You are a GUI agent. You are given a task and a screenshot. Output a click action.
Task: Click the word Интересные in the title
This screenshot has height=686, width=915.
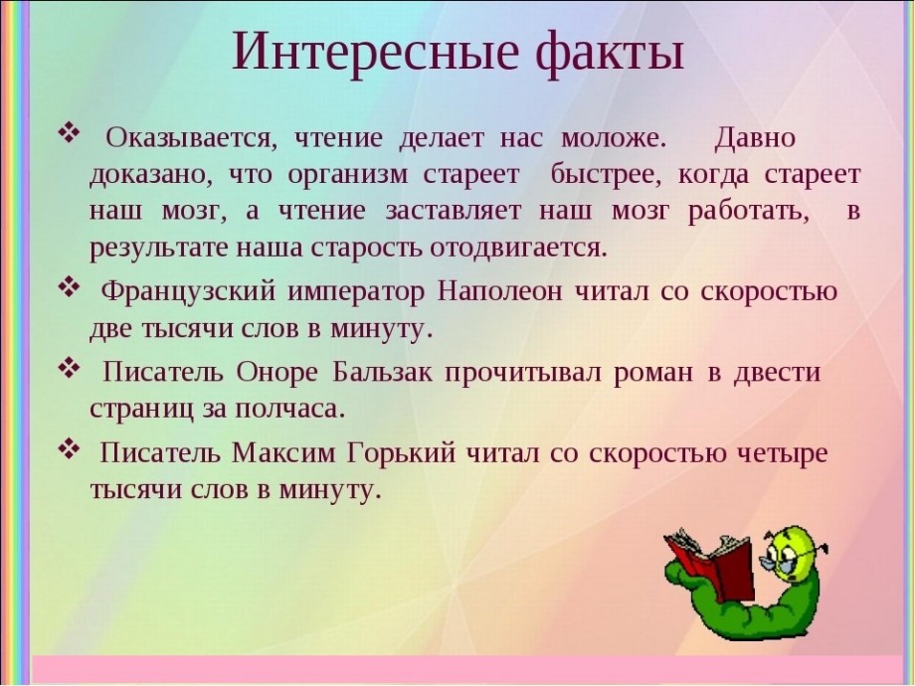(x=375, y=51)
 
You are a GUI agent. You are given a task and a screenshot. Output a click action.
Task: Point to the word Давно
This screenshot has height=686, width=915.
(x=755, y=139)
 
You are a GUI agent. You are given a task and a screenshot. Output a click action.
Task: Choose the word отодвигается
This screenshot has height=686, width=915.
(x=519, y=249)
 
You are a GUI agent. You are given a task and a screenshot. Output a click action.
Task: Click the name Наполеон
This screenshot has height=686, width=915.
(x=500, y=291)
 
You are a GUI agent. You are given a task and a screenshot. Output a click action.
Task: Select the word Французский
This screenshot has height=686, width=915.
(x=188, y=291)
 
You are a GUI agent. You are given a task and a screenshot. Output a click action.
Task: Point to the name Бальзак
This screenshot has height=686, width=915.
(x=383, y=372)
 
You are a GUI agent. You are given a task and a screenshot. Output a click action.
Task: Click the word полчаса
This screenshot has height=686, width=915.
(x=287, y=410)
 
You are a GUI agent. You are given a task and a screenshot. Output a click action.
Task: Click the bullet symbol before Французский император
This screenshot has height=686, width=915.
(x=69, y=287)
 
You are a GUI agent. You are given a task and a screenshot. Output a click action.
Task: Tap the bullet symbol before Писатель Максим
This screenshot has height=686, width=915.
(x=69, y=448)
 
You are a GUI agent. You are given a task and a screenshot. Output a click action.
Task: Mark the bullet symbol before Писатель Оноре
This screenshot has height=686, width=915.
(x=69, y=368)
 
